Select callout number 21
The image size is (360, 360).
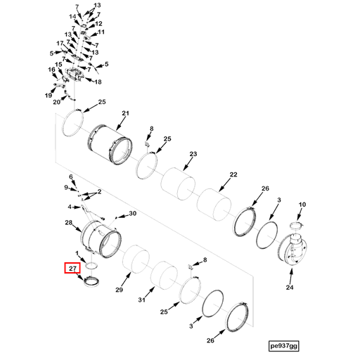(126, 113)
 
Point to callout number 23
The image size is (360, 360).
(193, 154)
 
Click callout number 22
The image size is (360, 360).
(233, 175)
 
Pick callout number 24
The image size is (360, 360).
(289, 287)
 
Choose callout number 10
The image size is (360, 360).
(302, 205)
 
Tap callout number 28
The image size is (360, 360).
(69, 223)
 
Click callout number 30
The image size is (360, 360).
(131, 213)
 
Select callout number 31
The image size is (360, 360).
(141, 300)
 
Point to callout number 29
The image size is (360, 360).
(119, 290)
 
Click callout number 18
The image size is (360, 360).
(98, 82)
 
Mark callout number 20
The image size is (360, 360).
(56, 102)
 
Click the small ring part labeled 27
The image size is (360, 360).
(91, 282)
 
